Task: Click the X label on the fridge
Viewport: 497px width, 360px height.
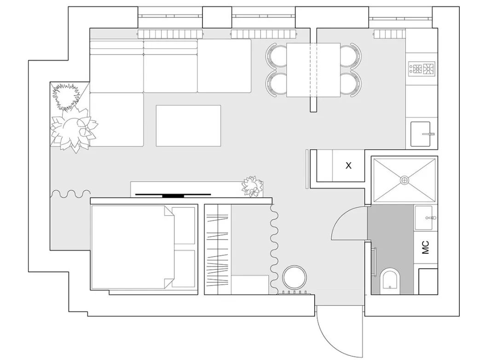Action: coord(348,165)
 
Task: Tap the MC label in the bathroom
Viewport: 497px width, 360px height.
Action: coord(425,247)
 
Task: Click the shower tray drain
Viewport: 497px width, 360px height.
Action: coord(405,180)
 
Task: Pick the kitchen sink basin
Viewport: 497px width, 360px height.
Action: coord(420,134)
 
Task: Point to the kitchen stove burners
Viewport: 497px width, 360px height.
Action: coord(422,69)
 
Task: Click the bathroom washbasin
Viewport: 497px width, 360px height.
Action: coord(423,218)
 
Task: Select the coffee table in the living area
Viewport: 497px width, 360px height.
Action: coord(188,126)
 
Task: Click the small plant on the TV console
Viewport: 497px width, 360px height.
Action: coord(253,187)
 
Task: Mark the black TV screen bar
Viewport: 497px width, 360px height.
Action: coord(173,195)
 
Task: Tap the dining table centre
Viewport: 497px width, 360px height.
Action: coord(313,70)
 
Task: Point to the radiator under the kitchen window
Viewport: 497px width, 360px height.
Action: coord(390,34)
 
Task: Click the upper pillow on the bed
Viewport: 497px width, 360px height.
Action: coord(184,225)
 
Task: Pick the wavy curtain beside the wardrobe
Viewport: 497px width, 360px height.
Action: coord(274,249)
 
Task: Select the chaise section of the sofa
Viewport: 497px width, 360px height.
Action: coord(116,120)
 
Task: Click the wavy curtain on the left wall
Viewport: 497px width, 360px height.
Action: coord(70,194)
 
